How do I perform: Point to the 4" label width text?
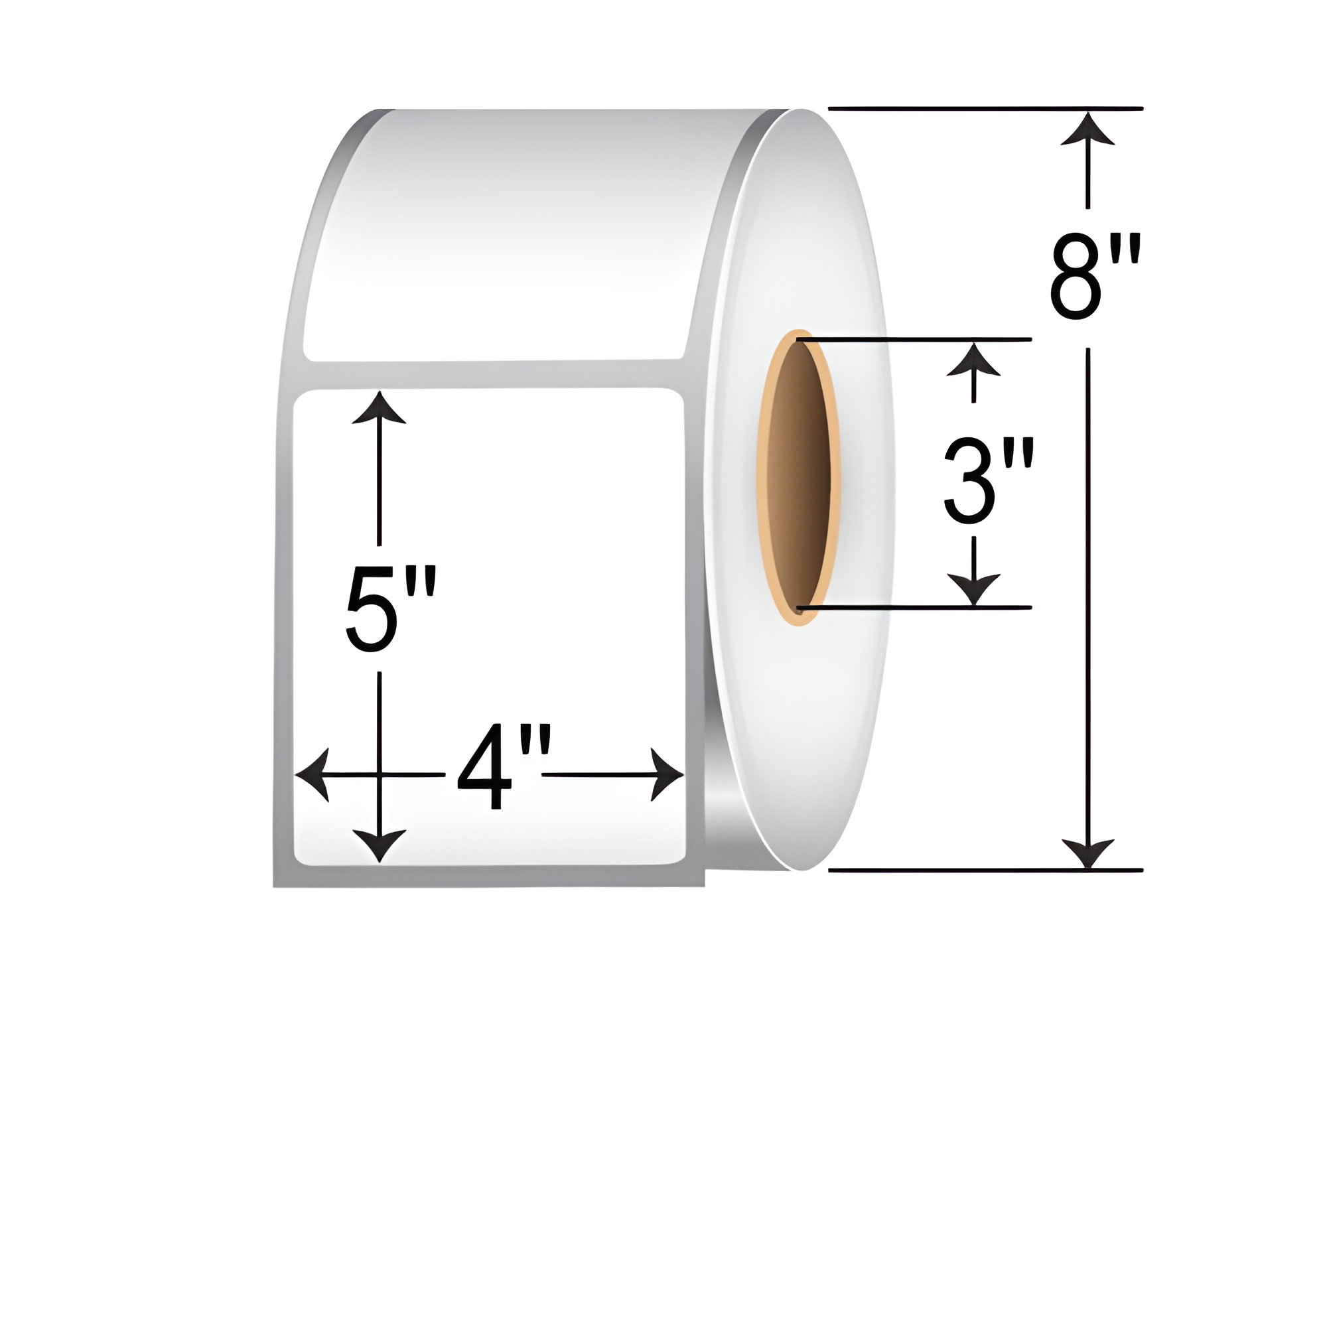pyautogui.click(x=493, y=776)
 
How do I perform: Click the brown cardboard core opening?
pyautogui.click(x=799, y=474)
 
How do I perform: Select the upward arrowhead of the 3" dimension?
pyautogui.click(x=973, y=358)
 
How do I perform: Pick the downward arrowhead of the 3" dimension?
pyautogui.click(x=973, y=591)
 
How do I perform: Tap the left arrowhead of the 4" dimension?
pyautogui.click(x=313, y=775)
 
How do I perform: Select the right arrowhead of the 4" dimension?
pyautogui.click(x=667, y=775)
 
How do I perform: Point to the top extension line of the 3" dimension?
pyautogui.click(x=914, y=339)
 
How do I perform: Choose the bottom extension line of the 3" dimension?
pyautogui.click(x=914, y=607)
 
